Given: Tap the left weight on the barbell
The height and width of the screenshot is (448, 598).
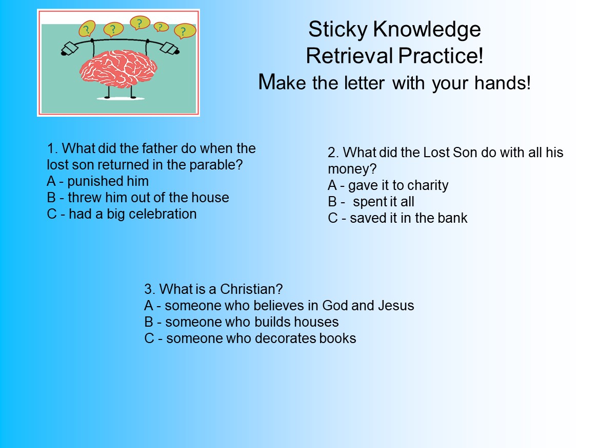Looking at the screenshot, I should pyautogui.click(x=69, y=49).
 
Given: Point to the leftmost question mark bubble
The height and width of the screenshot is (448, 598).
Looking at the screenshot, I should pyautogui.click(x=88, y=28).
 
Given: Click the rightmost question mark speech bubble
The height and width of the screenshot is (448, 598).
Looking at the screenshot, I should pyautogui.click(x=185, y=31).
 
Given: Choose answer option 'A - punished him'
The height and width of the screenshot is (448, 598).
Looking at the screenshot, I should pyautogui.click(x=97, y=181).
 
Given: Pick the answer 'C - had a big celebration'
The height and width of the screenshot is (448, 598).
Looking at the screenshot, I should pyautogui.click(x=122, y=214).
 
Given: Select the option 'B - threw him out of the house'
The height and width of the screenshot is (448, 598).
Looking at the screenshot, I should pyautogui.click(x=138, y=198).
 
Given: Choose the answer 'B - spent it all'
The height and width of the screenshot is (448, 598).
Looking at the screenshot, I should pyautogui.click(x=371, y=202).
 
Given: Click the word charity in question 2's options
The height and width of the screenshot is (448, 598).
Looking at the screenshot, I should pyautogui.click(x=427, y=185).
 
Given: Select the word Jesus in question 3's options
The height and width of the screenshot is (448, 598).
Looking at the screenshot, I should pyautogui.click(x=395, y=306).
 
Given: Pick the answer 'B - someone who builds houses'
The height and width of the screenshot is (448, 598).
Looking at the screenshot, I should pyautogui.click(x=242, y=322).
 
